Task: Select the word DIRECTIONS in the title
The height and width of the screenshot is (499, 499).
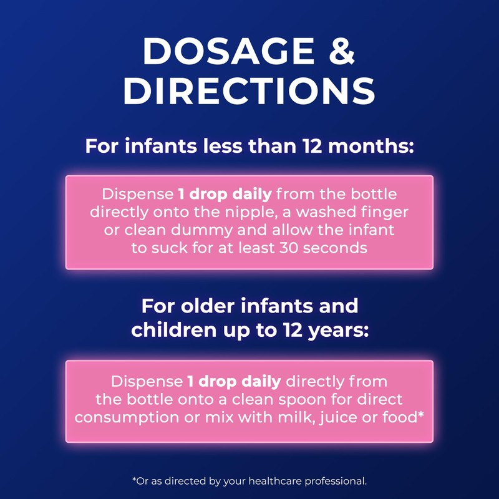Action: [x=249, y=92]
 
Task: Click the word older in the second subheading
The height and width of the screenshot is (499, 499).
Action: [x=211, y=307]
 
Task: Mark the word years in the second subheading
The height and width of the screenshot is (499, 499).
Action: [x=334, y=331]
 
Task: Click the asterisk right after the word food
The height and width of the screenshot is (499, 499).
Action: [x=421, y=414]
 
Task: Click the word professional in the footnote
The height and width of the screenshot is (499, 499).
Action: [x=337, y=482]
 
